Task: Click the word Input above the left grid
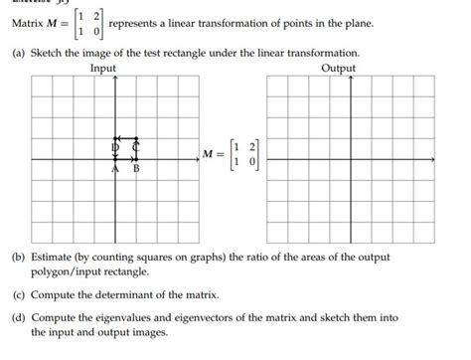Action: (x=102, y=68)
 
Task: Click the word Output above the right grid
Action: (x=339, y=68)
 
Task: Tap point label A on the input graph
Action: (x=115, y=169)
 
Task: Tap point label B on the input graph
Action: (x=136, y=169)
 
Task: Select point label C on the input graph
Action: (x=136, y=147)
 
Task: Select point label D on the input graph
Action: (x=115, y=147)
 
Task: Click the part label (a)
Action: (x=19, y=51)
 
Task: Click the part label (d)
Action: (x=19, y=317)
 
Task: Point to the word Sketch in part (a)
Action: (x=50, y=51)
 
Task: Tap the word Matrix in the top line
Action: (x=29, y=23)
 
